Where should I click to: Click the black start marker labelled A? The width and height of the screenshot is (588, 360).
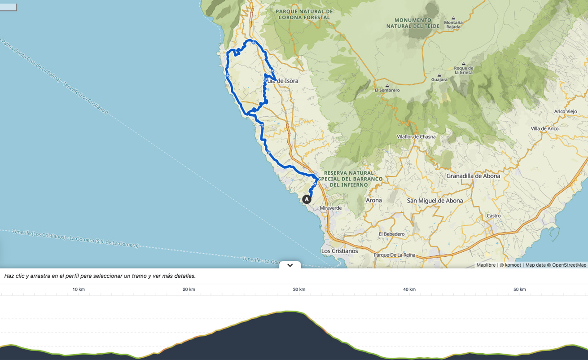(x=307, y=199)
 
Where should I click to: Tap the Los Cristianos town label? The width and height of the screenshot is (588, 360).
(x=339, y=251)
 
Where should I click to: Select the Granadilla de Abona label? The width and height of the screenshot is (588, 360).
(x=473, y=176)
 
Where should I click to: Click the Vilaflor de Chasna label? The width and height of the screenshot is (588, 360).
(x=416, y=137)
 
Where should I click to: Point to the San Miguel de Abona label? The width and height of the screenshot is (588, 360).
(x=434, y=201)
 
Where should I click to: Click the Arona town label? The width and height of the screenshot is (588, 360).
(x=373, y=201)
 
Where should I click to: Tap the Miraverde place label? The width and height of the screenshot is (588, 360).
(x=331, y=208)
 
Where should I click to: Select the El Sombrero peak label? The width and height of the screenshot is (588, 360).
(x=387, y=90)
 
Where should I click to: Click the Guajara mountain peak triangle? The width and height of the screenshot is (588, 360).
(x=439, y=75)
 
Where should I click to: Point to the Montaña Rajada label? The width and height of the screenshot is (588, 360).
(x=453, y=25)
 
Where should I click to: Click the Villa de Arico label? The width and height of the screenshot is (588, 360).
(x=544, y=129)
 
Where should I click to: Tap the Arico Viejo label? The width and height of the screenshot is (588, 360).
(x=565, y=112)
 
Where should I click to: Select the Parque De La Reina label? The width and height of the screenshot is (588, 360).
(x=395, y=255)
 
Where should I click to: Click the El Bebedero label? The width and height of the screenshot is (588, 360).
(x=391, y=234)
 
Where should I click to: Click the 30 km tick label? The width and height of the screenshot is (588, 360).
(x=299, y=290)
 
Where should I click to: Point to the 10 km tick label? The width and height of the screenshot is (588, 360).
(x=79, y=290)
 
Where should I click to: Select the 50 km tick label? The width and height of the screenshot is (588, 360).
(x=519, y=290)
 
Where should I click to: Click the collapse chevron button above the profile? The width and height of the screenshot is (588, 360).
(x=290, y=265)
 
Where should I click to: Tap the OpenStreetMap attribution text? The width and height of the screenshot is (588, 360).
(x=569, y=265)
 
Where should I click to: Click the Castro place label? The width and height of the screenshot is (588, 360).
(x=494, y=216)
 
